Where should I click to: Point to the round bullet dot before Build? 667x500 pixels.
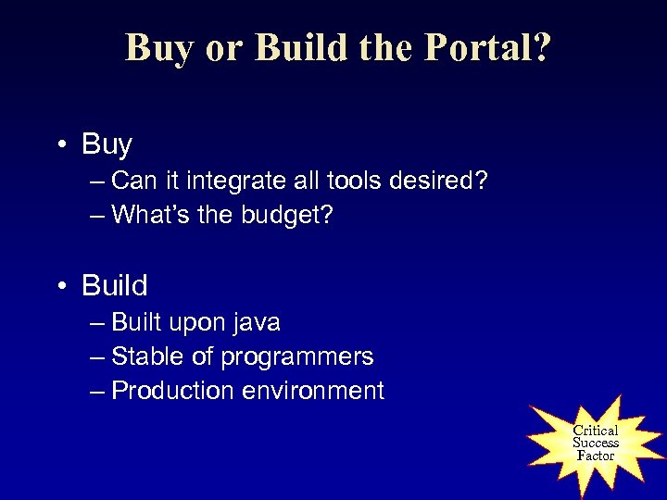tap(64, 286)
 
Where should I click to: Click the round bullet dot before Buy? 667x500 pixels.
tap(64, 145)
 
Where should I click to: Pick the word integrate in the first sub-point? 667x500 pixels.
tap(233, 182)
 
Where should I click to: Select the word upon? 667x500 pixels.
tap(196, 323)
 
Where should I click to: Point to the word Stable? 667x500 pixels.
tap(144, 356)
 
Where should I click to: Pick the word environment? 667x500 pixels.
tap(312, 391)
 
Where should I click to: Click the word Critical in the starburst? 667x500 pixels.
tap(595, 431)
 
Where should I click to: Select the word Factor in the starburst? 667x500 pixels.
tap(595, 455)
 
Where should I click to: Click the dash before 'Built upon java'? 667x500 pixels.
tap(98, 323)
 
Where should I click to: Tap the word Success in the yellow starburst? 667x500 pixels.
tap(595, 443)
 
